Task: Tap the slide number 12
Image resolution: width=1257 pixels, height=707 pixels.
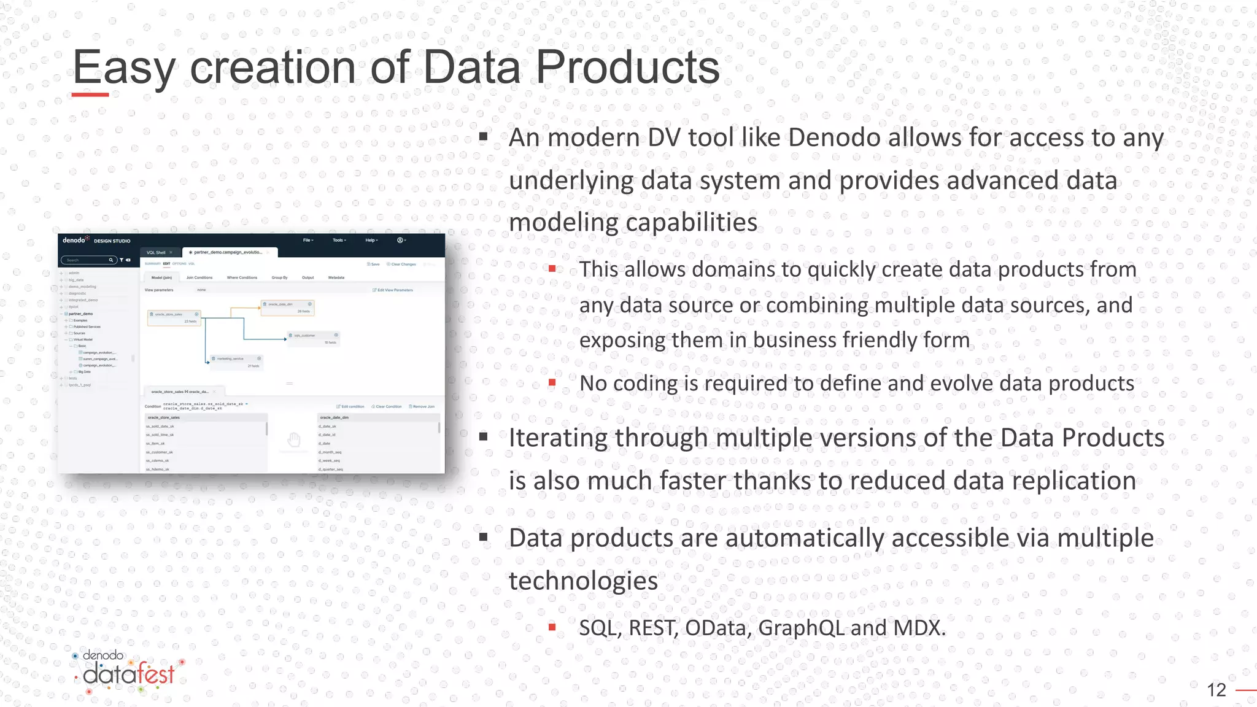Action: [x=1216, y=690]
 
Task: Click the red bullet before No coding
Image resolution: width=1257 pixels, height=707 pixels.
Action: [x=552, y=383]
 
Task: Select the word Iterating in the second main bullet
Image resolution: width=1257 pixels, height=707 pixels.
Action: [x=558, y=438]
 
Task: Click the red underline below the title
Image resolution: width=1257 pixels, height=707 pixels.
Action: [x=90, y=95]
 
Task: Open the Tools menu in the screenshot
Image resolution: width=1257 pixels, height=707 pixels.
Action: [x=339, y=240]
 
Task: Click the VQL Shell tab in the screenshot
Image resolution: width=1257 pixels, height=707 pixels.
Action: [x=156, y=252]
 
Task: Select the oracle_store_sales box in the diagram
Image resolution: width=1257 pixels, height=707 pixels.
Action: [x=174, y=317]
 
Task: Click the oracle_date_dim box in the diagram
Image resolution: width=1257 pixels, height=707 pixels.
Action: [x=287, y=307]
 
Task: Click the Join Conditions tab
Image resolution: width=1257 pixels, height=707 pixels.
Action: [x=199, y=277]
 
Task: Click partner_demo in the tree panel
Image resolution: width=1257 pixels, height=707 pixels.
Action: [x=81, y=314]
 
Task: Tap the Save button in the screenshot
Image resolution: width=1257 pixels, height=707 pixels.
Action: [x=374, y=264]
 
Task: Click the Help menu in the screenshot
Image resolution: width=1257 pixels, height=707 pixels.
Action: [x=371, y=240]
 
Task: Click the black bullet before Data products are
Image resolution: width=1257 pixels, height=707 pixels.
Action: [x=484, y=538]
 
